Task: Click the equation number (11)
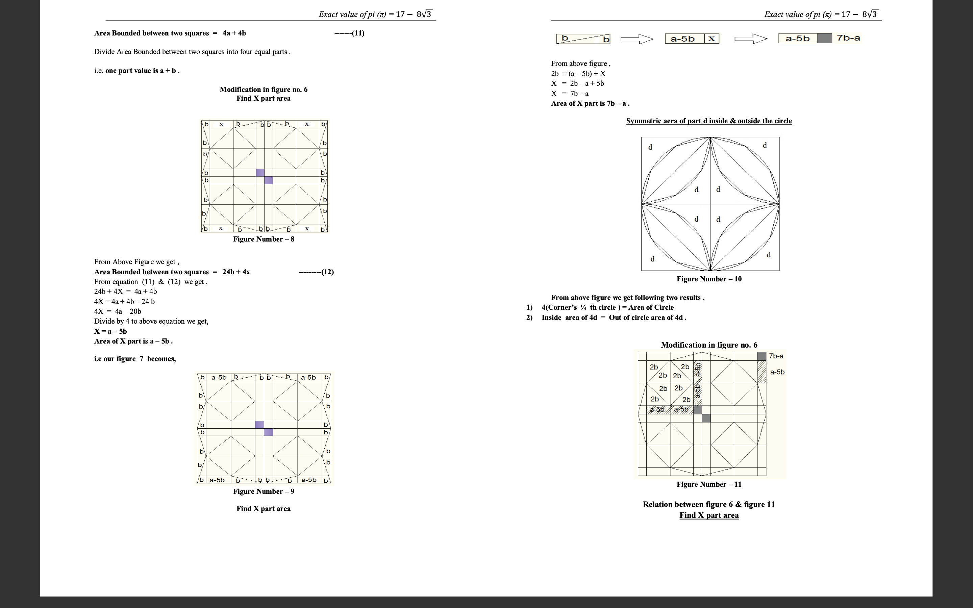[358, 33]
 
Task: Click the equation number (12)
[327, 272]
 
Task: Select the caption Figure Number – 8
[264, 239]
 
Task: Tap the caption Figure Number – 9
[264, 491]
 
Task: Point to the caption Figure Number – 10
[709, 279]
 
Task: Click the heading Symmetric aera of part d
[709, 121]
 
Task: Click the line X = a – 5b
[110, 331]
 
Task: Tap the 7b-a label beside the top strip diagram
[848, 38]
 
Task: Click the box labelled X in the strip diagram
[711, 39]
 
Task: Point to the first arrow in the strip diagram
[637, 39]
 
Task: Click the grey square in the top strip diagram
[825, 39]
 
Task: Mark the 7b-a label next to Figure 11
[776, 356]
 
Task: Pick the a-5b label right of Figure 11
[777, 372]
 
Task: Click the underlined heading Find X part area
[709, 515]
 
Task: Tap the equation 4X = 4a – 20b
[118, 311]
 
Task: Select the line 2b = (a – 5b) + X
[578, 74]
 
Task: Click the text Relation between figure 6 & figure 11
[709, 505]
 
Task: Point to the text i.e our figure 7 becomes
[135, 359]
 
